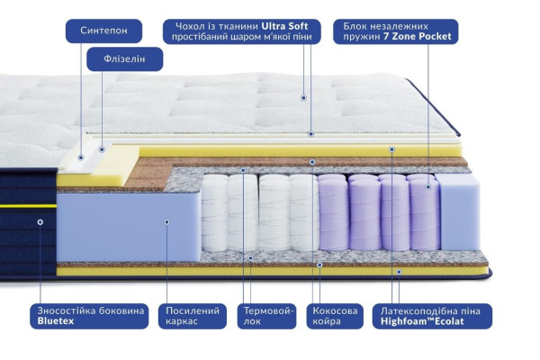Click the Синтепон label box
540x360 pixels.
pyautogui.click(x=103, y=31)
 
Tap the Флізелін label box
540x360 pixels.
pyautogui.click(x=125, y=58)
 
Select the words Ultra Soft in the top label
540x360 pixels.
pyautogui.click(x=284, y=26)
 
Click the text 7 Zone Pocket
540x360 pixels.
pyautogui.click(x=418, y=37)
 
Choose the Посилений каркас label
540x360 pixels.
pyautogui.click(x=193, y=316)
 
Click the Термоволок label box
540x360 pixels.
pyautogui.click(x=266, y=316)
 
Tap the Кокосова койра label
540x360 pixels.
pyautogui.click(x=335, y=316)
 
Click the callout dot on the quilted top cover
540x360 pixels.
pyautogui.click(x=303, y=98)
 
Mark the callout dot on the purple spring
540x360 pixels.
pyautogui.click(x=428, y=187)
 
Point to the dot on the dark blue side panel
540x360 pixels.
pyautogui.click(x=40, y=222)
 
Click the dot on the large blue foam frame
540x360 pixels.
pyautogui.click(x=166, y=222)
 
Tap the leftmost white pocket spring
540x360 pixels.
pyautogui.click(x=214, y=212)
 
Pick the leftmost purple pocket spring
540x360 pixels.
pyautogui.click(x=333, y=212)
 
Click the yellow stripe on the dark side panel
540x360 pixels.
pyautogui.click(x=28, y=206)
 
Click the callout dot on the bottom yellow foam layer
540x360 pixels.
pyautogui.click(x=399, y=272)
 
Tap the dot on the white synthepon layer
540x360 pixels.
pyautogui.click(x=81, y=157)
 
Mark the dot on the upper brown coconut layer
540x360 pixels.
pyautogui.click(x=312, y=162)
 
